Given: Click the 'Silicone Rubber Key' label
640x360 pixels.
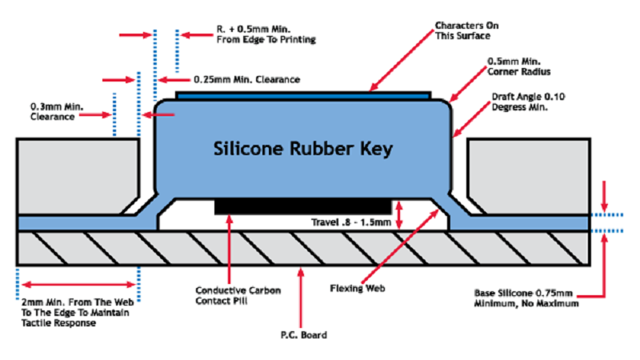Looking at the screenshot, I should click(x=304, y=148).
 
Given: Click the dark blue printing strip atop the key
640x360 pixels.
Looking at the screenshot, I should click(x=304, y=94).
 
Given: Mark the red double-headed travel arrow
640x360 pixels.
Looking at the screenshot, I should click(x=401, y=214).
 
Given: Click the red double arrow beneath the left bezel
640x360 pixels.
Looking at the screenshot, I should click(x=78, y=283).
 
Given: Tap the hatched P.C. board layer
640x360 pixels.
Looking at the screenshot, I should click(x=304, y=249).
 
